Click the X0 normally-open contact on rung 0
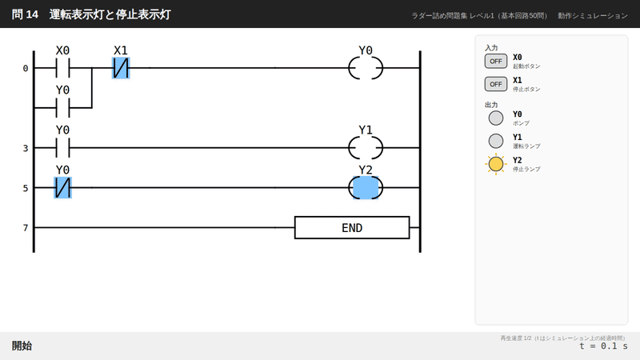pyautogui.click(x=62, y=68)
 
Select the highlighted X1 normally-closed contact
pyautogui.click(x=121, y=68)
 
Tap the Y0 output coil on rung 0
pyautogui.click(x=366, y=68)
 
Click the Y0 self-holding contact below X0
pyautogui.click(x=62, y=108)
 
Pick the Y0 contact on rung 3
pyautogui.click(x=62, y=148)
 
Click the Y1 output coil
pyautogui.click(x=366, y=148)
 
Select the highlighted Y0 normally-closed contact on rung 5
pyautogui.click(x=62, y=188)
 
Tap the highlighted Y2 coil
pyautogui.click(x=366, y=188)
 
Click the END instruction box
pyautogui.click(x=352, y=228)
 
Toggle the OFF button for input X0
pyautogui.click(x=496, y=62)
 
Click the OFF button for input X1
pyautogui.click(x=496, y=84)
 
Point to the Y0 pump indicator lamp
pyautogui.click(x=496, y=118)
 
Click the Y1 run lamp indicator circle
pyautogui.click(x=496, y=142)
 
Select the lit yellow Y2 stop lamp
pyautogui.click(x=496, y=164)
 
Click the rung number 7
pyautogui.click(x=26, y=228)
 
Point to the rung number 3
pyautogui.click(x=26, y=148)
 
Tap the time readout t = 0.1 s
pyautogui.click(x=604, y=346)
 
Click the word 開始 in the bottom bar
pyautogui.click(x=22, y=346)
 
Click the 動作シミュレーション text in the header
pyautogui.click(x=593, y=15)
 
